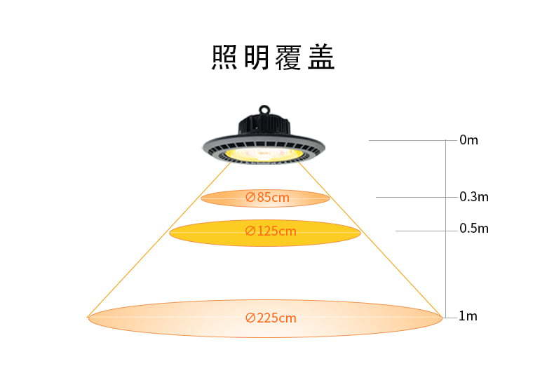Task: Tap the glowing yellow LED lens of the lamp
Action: (x=264, y=152)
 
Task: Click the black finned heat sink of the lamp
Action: (x=264, y=126)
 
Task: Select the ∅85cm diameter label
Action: (x=267, y=198)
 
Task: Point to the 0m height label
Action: (x=468, y=140)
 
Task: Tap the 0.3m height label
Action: (x=474, y=196)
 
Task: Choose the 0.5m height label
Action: (x=474, y=229)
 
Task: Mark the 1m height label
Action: (x=468, y=316)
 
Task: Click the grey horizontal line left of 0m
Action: (x=407, y=141)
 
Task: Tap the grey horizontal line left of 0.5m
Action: (x=421, y=230)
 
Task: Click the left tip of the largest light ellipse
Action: (x=88, y=318)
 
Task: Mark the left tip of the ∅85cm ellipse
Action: (x=202, y=198)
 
